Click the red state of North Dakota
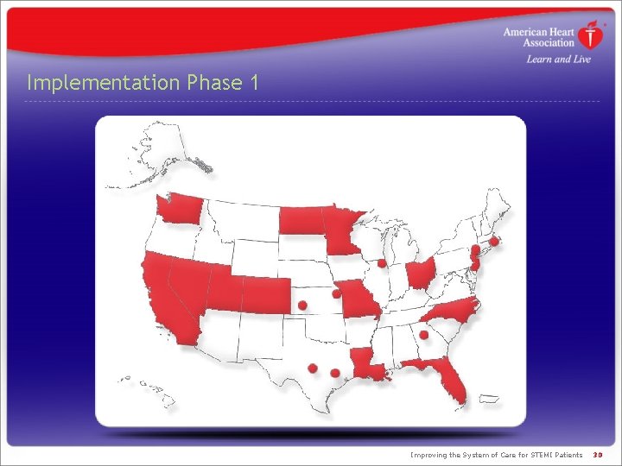pyautogui.click(x=300, y=220)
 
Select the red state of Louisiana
pyautogui.click(x=367, y=365)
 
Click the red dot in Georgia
pyautogui.click(x=424, y=335)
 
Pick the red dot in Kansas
pyautogui.click(x=302, y=305)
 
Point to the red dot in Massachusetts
pyautogui.click(x=493, y=242)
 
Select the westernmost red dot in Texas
pyautogui.click(x=313, y=368)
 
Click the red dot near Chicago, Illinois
pyautogui.click(x=381, y=263)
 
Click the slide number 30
pyautogui.click(x=598, y=455)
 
